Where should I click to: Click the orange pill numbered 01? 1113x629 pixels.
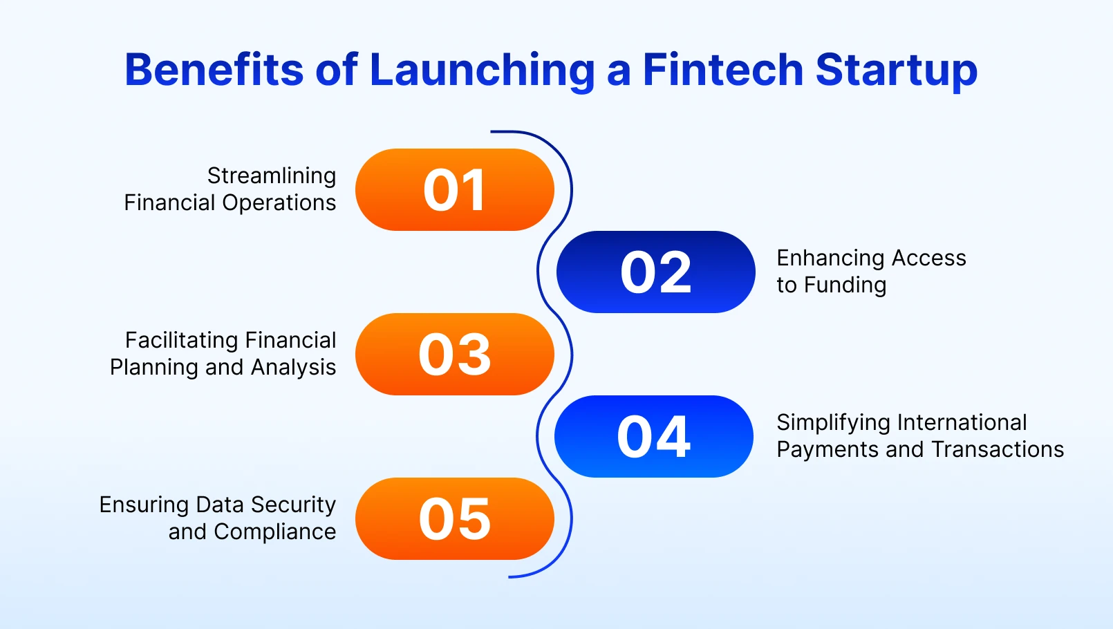[454, 190]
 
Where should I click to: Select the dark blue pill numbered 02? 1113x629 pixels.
[655, 272]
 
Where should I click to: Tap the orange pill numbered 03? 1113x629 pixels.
[454, 354]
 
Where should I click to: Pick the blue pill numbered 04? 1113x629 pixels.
[653, 436]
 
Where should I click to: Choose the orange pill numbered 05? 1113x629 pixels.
[454, 518]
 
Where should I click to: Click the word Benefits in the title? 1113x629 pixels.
[214, 70]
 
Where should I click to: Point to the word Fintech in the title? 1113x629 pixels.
[722, 70]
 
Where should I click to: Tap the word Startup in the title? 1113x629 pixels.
[896, 71]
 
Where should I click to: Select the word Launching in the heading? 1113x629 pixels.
[482, 71]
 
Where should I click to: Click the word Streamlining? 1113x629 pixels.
[272, 176]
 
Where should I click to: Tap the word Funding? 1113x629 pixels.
[845, 285]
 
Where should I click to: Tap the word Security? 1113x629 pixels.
[293, 505]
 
